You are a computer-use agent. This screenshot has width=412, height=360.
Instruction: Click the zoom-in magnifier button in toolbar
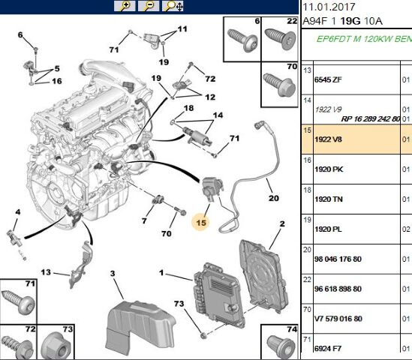(125, 6)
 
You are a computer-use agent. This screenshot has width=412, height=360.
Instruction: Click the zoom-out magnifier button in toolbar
(149, 6)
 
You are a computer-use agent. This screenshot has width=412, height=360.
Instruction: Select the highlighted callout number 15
(201, 223)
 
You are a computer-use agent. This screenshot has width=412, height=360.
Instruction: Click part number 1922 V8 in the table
(328, 139)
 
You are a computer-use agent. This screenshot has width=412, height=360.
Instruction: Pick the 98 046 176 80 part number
(338, 259)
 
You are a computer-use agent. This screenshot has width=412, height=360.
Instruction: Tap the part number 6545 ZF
(328, 79)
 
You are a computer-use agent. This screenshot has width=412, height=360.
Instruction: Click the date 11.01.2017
(329, 7)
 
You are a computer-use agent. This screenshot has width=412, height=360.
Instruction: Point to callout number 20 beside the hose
(273, 198)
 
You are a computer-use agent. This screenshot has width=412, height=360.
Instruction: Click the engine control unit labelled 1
(219, 295)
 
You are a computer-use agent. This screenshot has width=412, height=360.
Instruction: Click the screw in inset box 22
(280, 39)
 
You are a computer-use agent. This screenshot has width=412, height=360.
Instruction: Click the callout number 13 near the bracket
(46, 272)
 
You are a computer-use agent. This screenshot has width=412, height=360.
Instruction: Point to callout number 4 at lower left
(18, 212)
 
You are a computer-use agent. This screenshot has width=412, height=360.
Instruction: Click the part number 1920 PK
(329, 169)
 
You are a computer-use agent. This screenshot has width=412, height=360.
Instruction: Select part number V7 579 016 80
(338, 319)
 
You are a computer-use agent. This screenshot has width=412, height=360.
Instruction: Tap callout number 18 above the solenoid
(188, 108)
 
